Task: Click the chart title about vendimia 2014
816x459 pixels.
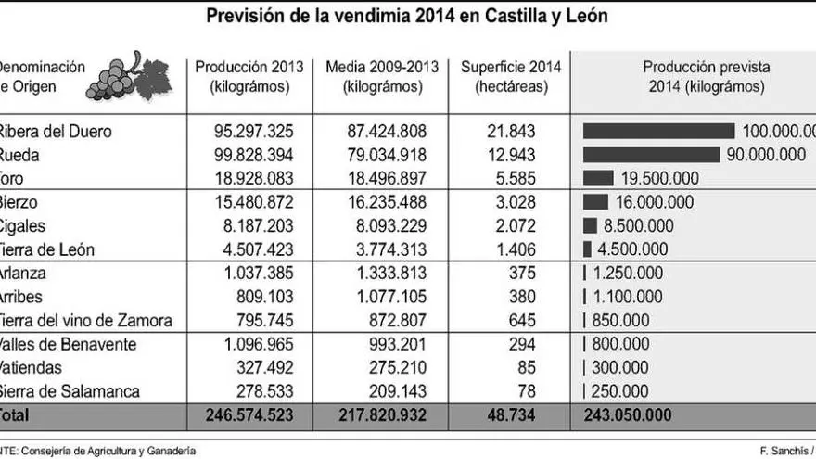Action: [x=407, y=17]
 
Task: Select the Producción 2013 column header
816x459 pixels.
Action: [x=249, y=77]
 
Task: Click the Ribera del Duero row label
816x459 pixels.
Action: [x=56, y=131]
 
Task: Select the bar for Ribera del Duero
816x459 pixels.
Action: [x=658, y=131]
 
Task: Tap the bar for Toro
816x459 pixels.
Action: [x=598, y=178]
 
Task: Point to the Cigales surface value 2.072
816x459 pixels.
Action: [x=516, y=225]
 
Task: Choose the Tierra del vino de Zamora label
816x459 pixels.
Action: [x=85, y=321]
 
